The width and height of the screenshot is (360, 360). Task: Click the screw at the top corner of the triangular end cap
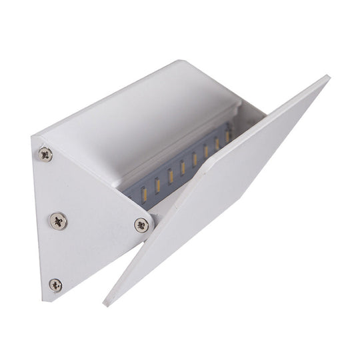tap(45, 154)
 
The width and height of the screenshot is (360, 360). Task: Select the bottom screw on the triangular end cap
tap(56, 285)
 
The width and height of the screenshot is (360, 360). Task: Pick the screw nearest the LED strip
tap(141, 225)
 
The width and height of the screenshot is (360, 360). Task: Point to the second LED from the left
tap(157, 183)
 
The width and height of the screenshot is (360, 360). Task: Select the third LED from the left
tap(170, 175)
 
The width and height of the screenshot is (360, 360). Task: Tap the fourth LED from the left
tap(183, 168)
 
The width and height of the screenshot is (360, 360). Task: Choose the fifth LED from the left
tap(195, 160)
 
